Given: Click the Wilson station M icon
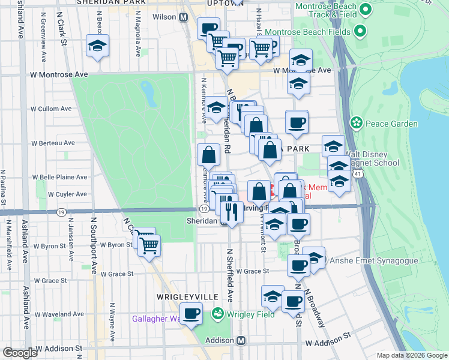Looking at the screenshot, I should point(182,17).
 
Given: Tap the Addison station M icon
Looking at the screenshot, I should point(241,340).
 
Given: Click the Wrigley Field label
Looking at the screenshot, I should point(250,313).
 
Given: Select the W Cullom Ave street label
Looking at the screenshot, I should point(50,109).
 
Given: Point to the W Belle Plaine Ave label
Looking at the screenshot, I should point(59,177).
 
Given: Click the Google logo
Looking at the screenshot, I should point(20,353).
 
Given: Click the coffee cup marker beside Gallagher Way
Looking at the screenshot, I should point(191,314).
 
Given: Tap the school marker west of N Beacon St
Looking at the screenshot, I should point(97,46).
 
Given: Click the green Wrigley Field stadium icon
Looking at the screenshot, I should point(217,313).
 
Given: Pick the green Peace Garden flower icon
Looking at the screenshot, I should point(357,124).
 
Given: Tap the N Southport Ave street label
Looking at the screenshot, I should point(94,246).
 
